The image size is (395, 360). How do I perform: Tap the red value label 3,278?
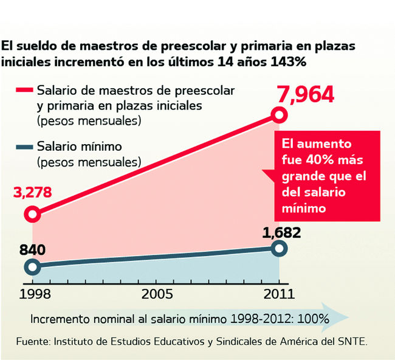coord(32,194)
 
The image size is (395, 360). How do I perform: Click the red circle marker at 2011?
coord(279,115)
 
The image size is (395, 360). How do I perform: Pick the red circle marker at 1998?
coord(33,214)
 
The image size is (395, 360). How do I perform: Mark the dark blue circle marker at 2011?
coord(279,247)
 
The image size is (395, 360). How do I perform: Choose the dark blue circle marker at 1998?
coord(33,266)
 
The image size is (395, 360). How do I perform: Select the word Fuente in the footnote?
coord(32,341)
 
